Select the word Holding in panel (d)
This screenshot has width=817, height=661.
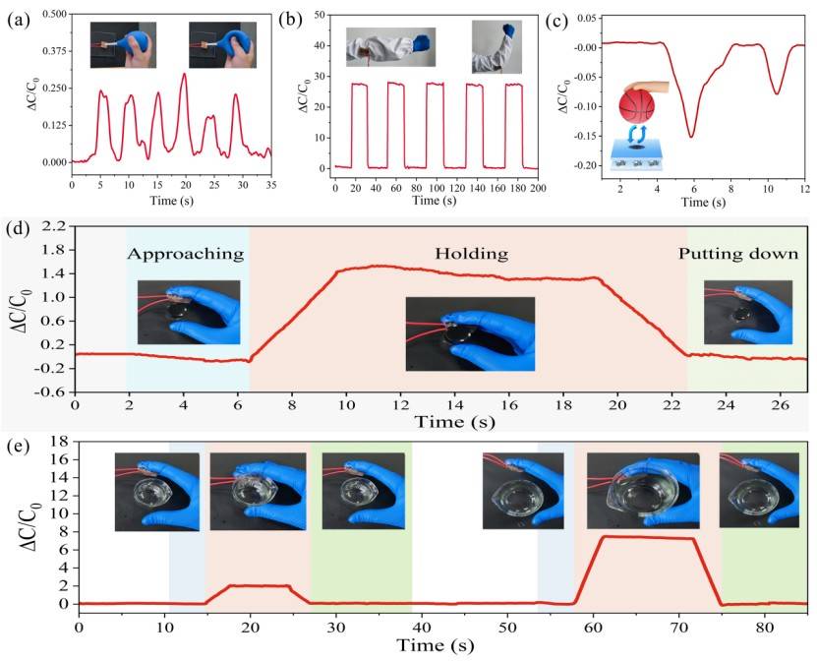[471, 254]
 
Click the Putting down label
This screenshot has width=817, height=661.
[739, 254]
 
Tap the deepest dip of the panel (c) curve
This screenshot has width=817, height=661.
[690, 137]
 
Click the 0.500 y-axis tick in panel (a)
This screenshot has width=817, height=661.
[51, 15]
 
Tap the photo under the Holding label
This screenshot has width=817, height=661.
[470, 333]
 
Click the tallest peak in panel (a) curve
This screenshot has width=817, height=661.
[183, 74]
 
